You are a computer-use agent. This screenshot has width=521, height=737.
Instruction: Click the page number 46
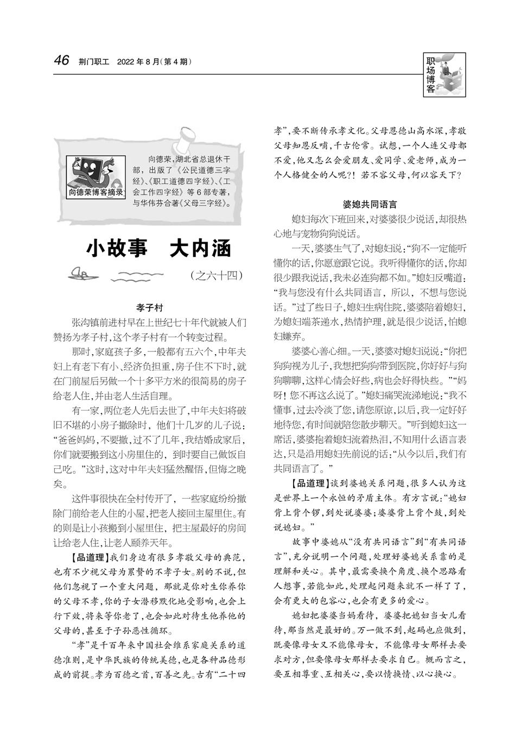[x=61, y=60]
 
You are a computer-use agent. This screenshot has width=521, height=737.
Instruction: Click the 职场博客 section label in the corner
[x=430, y=76]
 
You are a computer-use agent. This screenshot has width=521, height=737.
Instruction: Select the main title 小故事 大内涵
[x=159, y=248]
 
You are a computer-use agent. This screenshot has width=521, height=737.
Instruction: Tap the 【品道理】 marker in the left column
[x=88, y=557]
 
